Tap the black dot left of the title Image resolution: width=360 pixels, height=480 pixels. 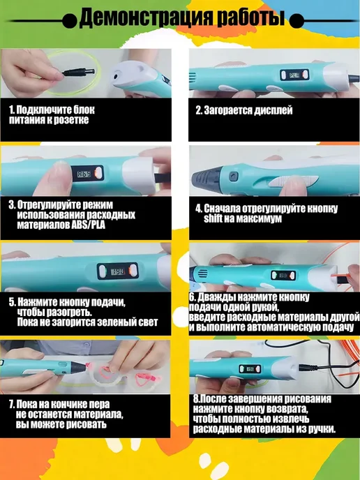(70, 21)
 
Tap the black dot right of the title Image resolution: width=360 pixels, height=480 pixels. (297, 21)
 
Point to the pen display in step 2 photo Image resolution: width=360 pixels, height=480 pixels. (294, 75)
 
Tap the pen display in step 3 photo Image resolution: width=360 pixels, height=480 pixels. (88, 173)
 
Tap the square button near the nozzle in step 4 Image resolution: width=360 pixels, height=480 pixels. (234, 177)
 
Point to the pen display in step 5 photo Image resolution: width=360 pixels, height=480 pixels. (117, 271)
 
